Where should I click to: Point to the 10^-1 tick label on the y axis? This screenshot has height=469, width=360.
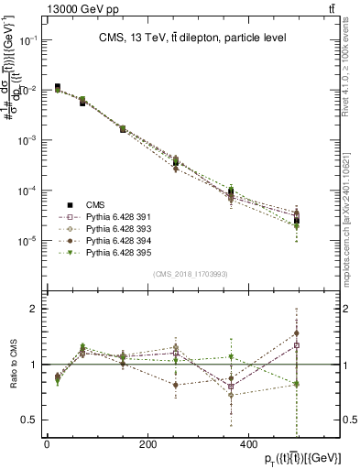(x=29, y=41)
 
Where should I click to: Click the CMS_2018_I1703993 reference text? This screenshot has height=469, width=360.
(x=190, y=274)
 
